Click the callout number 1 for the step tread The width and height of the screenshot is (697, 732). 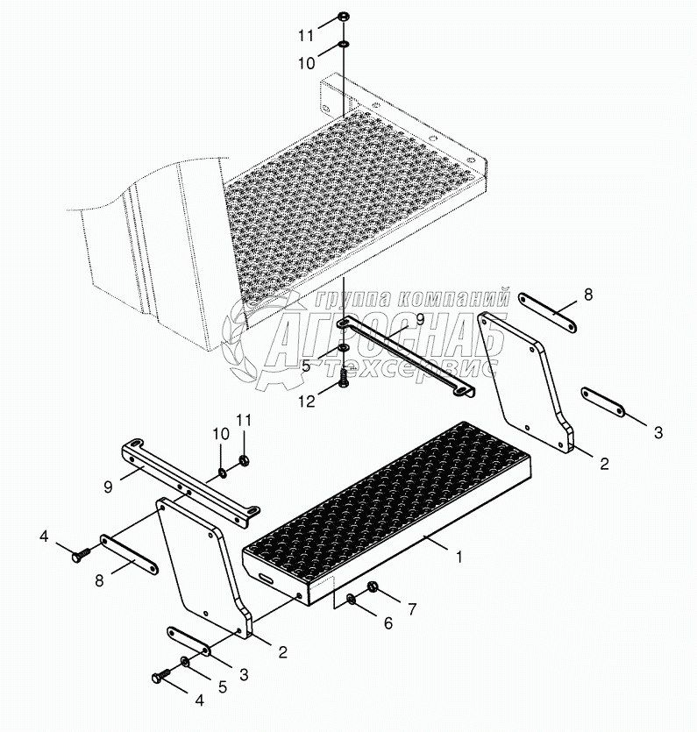459,557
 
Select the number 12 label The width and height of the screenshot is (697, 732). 307,401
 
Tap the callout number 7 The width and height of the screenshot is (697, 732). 412,608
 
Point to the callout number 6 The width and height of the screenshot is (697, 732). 388,623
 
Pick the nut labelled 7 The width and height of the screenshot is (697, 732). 373,587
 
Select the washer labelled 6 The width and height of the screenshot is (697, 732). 351,599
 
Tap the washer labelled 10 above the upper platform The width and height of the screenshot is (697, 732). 344,45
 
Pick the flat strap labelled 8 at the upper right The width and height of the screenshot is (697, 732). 548,313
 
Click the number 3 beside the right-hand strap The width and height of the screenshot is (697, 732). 658,432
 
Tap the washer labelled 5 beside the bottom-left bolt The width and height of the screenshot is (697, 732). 185,662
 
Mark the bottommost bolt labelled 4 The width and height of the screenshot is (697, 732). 161,675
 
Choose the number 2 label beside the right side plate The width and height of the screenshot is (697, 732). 604,464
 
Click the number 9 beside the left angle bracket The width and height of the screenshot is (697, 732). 108,487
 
